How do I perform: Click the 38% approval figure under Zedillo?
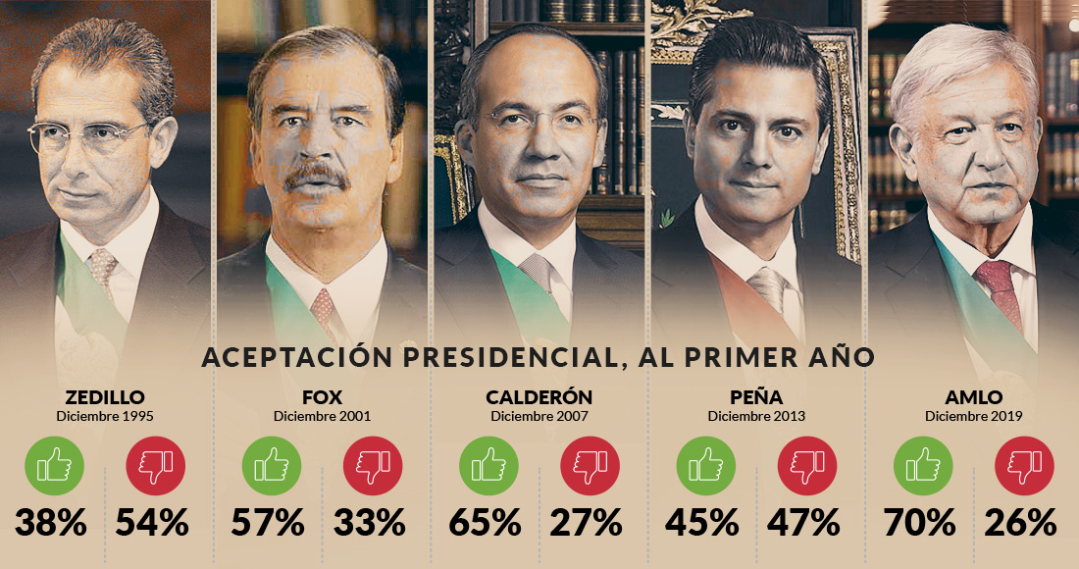pos(50,522)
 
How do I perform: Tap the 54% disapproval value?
pos(152,522)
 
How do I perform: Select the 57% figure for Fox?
pos(268,522)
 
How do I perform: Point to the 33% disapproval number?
pos(370,522)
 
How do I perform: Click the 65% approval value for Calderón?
pos(485,522)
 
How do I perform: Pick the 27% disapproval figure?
pos(587,522)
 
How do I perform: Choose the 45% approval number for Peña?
pos(702,522)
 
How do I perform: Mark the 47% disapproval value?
pos(804,522)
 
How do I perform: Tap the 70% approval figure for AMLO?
pos(919,522)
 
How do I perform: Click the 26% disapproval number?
pos(1021,522)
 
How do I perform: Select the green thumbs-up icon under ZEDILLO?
pos(53,464)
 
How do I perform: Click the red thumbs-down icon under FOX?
pos(373,464)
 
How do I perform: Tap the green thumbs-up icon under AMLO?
pos(922,464)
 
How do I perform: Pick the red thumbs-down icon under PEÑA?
pos(807,464)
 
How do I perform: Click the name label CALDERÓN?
pos(539,397)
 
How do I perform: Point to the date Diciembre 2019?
pos(973,416)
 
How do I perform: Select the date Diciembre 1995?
pos(105,416)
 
